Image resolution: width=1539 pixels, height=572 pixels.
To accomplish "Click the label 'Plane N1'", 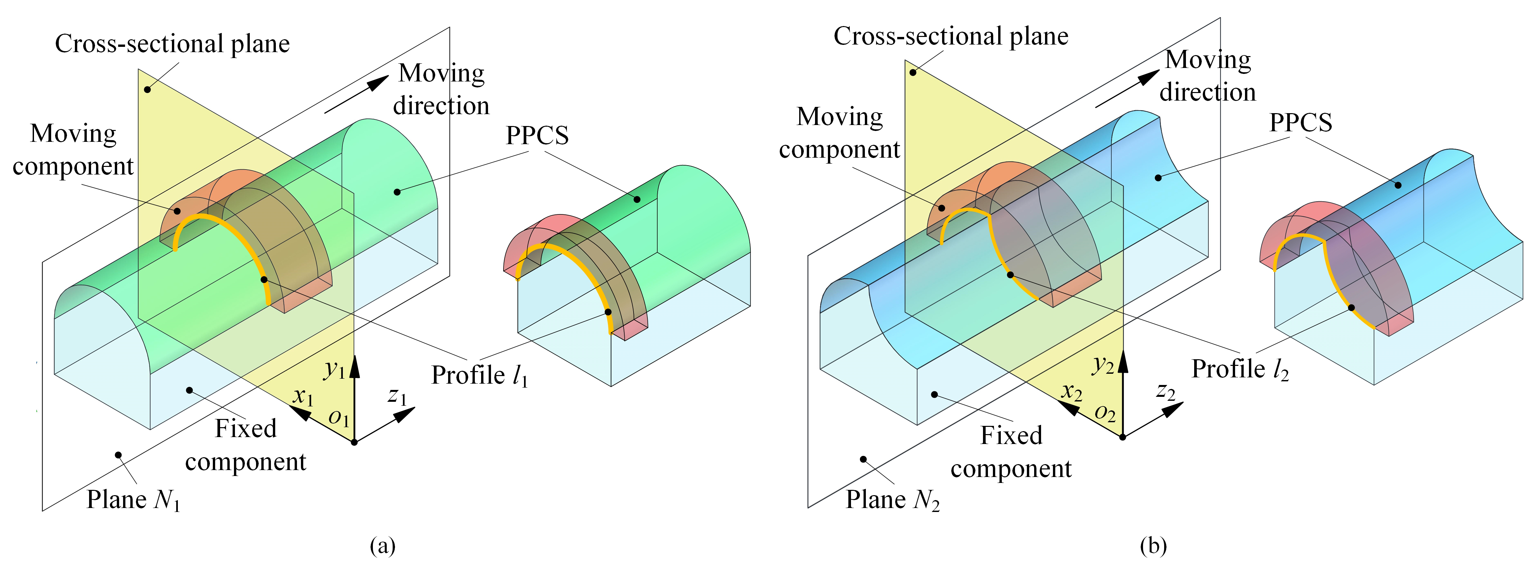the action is [133, 500].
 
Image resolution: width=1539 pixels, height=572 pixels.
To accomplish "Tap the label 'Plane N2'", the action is [893, 500].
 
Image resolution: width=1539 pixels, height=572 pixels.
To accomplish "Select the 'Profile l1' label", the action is [480, 376].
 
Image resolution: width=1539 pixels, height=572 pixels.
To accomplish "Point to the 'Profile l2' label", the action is [1240, 369].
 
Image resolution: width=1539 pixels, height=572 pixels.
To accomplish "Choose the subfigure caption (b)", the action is [1153, 546].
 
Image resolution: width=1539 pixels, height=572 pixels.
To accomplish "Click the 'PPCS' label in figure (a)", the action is [537, 136].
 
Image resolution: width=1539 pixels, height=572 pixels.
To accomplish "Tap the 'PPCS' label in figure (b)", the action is [1301, 122].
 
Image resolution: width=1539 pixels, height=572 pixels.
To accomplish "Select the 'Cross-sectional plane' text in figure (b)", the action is [951, 36].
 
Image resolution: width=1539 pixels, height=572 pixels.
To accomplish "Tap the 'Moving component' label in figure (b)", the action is [839, 133].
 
